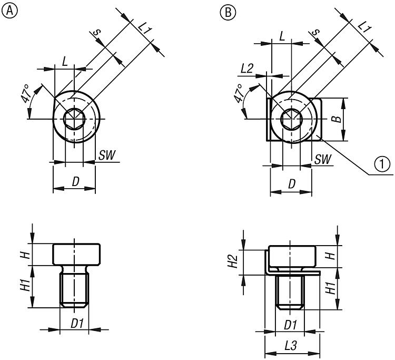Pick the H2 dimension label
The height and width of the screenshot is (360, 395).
point(236,261)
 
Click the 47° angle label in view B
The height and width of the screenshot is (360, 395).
point(240,93)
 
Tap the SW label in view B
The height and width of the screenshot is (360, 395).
point(323,159)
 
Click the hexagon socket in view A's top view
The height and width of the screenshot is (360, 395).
point(74,120)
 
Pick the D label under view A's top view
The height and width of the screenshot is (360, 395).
point(75,182)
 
